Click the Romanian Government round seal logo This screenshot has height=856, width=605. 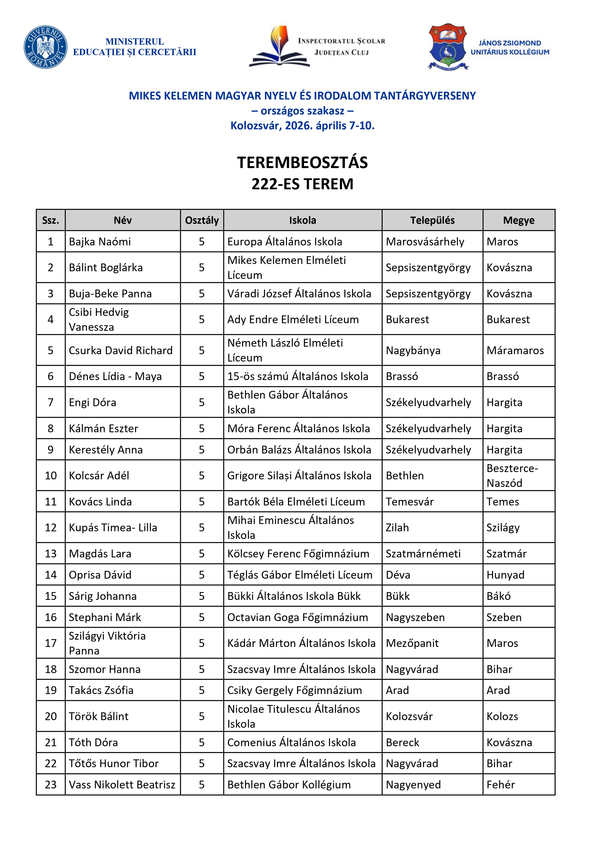point(45,47)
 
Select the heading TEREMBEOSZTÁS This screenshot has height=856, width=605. point(302,162)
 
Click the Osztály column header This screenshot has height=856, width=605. point(202,220)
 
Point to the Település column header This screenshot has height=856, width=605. point(432,220)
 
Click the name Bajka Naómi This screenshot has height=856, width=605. point(100,242)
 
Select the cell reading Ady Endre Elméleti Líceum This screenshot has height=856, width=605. point(293,320)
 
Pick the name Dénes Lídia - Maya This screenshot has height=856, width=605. point(115,376)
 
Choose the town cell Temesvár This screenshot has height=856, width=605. point(410,502)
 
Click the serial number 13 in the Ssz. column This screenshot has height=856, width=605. point(51,554)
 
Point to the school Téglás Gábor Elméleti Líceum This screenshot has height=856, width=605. point(300,575)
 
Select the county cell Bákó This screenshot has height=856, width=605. point(498,596)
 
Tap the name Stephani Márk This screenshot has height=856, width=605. point(105,617)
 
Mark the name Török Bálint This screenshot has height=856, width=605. point(99,716)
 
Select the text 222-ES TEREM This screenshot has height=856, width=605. point(302,184)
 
